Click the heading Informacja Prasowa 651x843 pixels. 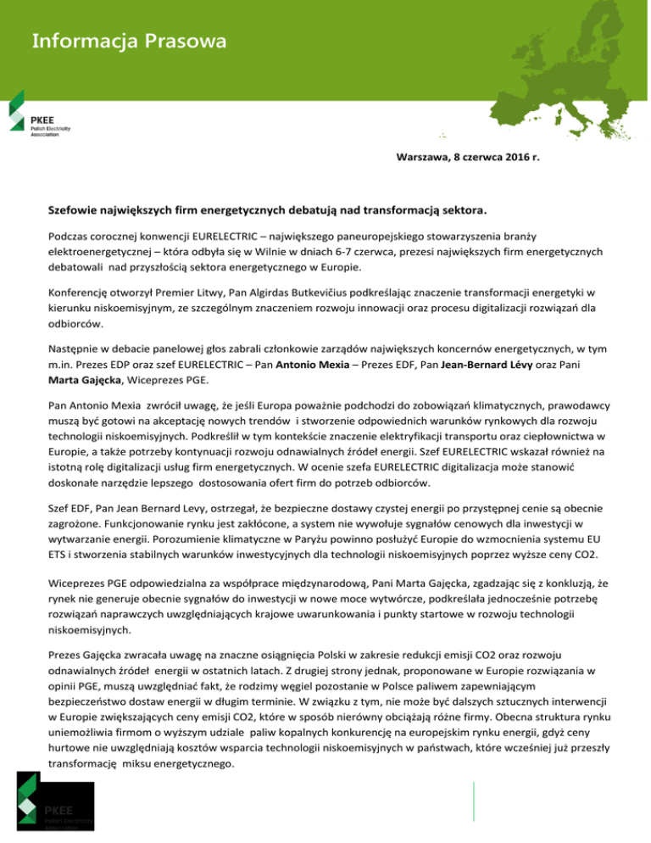[x=130, y=41]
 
